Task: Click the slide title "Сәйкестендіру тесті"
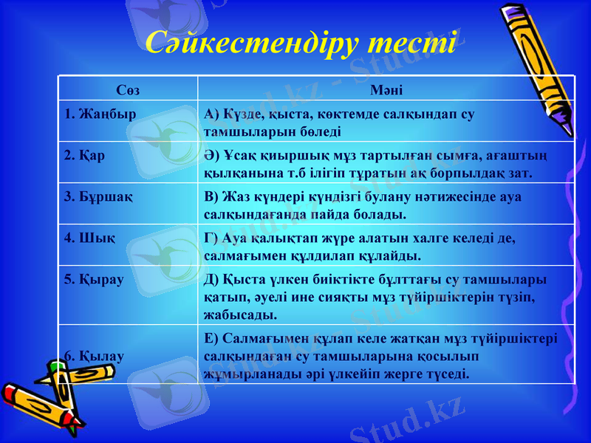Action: click(x=300, y=44)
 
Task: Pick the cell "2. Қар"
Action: click(x=81, y=156)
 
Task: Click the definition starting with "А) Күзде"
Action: click(x=340, y=122)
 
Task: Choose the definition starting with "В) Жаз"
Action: click(x=363, y=205)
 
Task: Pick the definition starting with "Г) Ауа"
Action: click(x=359, y=247)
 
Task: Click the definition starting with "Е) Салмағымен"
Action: click(x=380, y=355)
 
